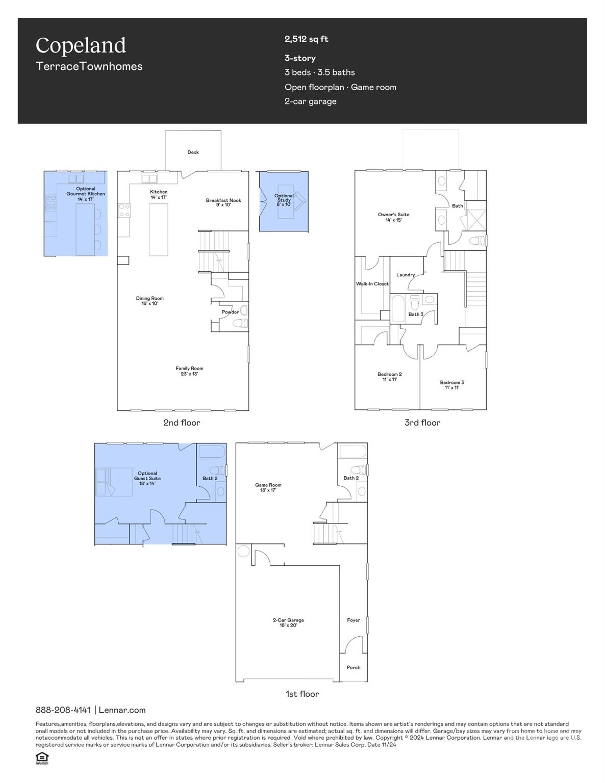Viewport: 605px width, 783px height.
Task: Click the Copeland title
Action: tap(81, 45)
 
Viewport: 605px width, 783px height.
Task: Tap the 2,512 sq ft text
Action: tap(306, 39)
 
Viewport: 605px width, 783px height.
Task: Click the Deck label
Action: tap(193, 152)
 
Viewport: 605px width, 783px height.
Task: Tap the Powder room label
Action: tap(230, 312)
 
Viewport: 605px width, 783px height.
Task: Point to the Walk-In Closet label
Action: tap(372, 284)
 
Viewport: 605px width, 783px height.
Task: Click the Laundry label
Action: tap(406, 275)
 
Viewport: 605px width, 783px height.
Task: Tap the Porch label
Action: tap(354, 667)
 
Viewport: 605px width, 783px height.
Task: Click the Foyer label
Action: tap(354, 620)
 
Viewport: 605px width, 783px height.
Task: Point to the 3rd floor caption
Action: tap(422, 423)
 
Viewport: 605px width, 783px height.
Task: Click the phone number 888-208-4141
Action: tap(63, 710)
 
